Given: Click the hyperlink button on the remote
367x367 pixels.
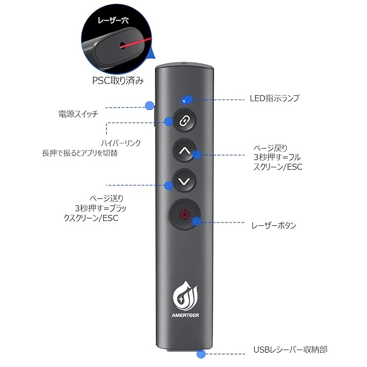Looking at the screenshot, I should coord(183,122).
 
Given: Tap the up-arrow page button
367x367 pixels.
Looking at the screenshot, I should coord(183,151).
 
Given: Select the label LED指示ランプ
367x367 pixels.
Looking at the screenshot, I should coord(275,99).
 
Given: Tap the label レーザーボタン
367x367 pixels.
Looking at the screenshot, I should coord(275,225).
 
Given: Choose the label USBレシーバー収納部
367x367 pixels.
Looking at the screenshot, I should coord(290,349).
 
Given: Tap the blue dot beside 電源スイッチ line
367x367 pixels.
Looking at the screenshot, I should coord(150,106).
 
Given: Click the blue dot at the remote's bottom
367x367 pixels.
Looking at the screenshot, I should coord(201,354).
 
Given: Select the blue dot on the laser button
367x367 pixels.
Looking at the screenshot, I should coord(197,221).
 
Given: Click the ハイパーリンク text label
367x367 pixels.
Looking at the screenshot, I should coord(120,142).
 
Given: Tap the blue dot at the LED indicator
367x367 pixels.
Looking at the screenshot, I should coord(185,99).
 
